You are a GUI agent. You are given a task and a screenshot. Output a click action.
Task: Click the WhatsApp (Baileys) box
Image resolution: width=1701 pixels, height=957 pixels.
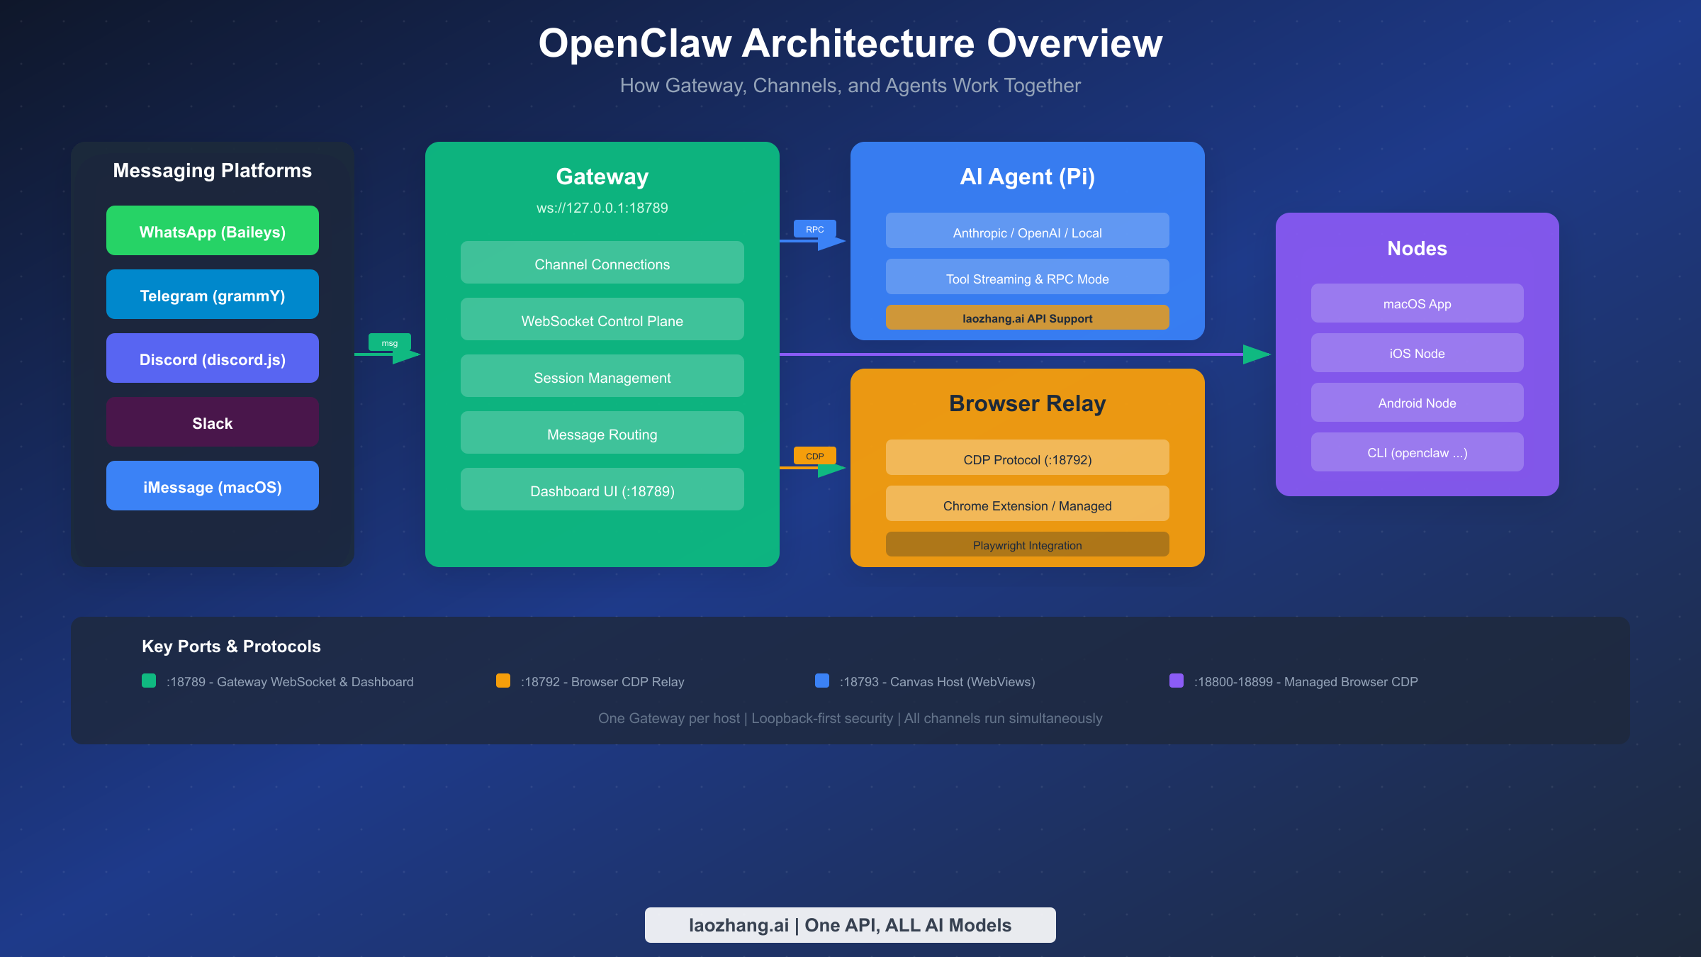pos(213,231)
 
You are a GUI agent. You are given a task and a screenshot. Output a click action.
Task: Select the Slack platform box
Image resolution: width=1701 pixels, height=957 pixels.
pos(213,422)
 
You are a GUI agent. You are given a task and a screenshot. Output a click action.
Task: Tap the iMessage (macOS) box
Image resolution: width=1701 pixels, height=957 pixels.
pos(213,486)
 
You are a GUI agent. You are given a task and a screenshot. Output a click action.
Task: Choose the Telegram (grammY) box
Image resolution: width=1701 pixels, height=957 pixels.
pos(213,295)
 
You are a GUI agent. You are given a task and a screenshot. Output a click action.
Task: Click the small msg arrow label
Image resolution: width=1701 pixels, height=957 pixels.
pos(389,342)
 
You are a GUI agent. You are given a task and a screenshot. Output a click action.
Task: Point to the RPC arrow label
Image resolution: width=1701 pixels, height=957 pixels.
pos(814,229)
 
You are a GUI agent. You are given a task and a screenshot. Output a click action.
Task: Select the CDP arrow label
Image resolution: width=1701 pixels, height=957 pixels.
pos(814,456)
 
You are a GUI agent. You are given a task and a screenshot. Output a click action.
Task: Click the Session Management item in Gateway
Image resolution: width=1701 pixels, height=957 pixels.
pos(602,376)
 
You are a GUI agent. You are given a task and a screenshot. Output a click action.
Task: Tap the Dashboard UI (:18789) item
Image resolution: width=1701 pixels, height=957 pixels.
pos(602,490)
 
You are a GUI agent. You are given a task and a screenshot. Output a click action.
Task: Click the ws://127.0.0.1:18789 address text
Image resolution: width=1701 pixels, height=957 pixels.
pos(602,208)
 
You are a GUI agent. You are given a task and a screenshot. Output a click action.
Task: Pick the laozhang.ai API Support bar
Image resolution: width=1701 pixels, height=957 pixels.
pos(1027,318)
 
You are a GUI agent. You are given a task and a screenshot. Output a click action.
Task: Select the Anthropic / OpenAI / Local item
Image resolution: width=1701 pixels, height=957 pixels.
pos(1027,232)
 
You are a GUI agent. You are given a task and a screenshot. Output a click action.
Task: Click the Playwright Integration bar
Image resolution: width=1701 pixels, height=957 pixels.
pos(1027,544)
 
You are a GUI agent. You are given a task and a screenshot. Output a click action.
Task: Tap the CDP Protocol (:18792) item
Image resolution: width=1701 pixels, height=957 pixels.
pos(1027,459)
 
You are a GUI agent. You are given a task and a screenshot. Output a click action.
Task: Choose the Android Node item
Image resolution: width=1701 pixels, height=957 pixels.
pos(1417,403)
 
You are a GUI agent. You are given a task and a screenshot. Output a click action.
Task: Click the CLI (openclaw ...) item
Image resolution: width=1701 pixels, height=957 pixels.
pos(1417,452)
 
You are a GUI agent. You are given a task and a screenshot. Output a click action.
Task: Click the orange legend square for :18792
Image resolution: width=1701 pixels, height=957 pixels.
pos(503,681)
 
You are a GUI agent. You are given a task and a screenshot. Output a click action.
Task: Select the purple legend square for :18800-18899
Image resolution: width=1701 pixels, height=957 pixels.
pos(1177,681)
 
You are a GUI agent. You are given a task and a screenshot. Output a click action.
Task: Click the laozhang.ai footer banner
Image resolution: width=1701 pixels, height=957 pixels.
pos(850,924)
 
